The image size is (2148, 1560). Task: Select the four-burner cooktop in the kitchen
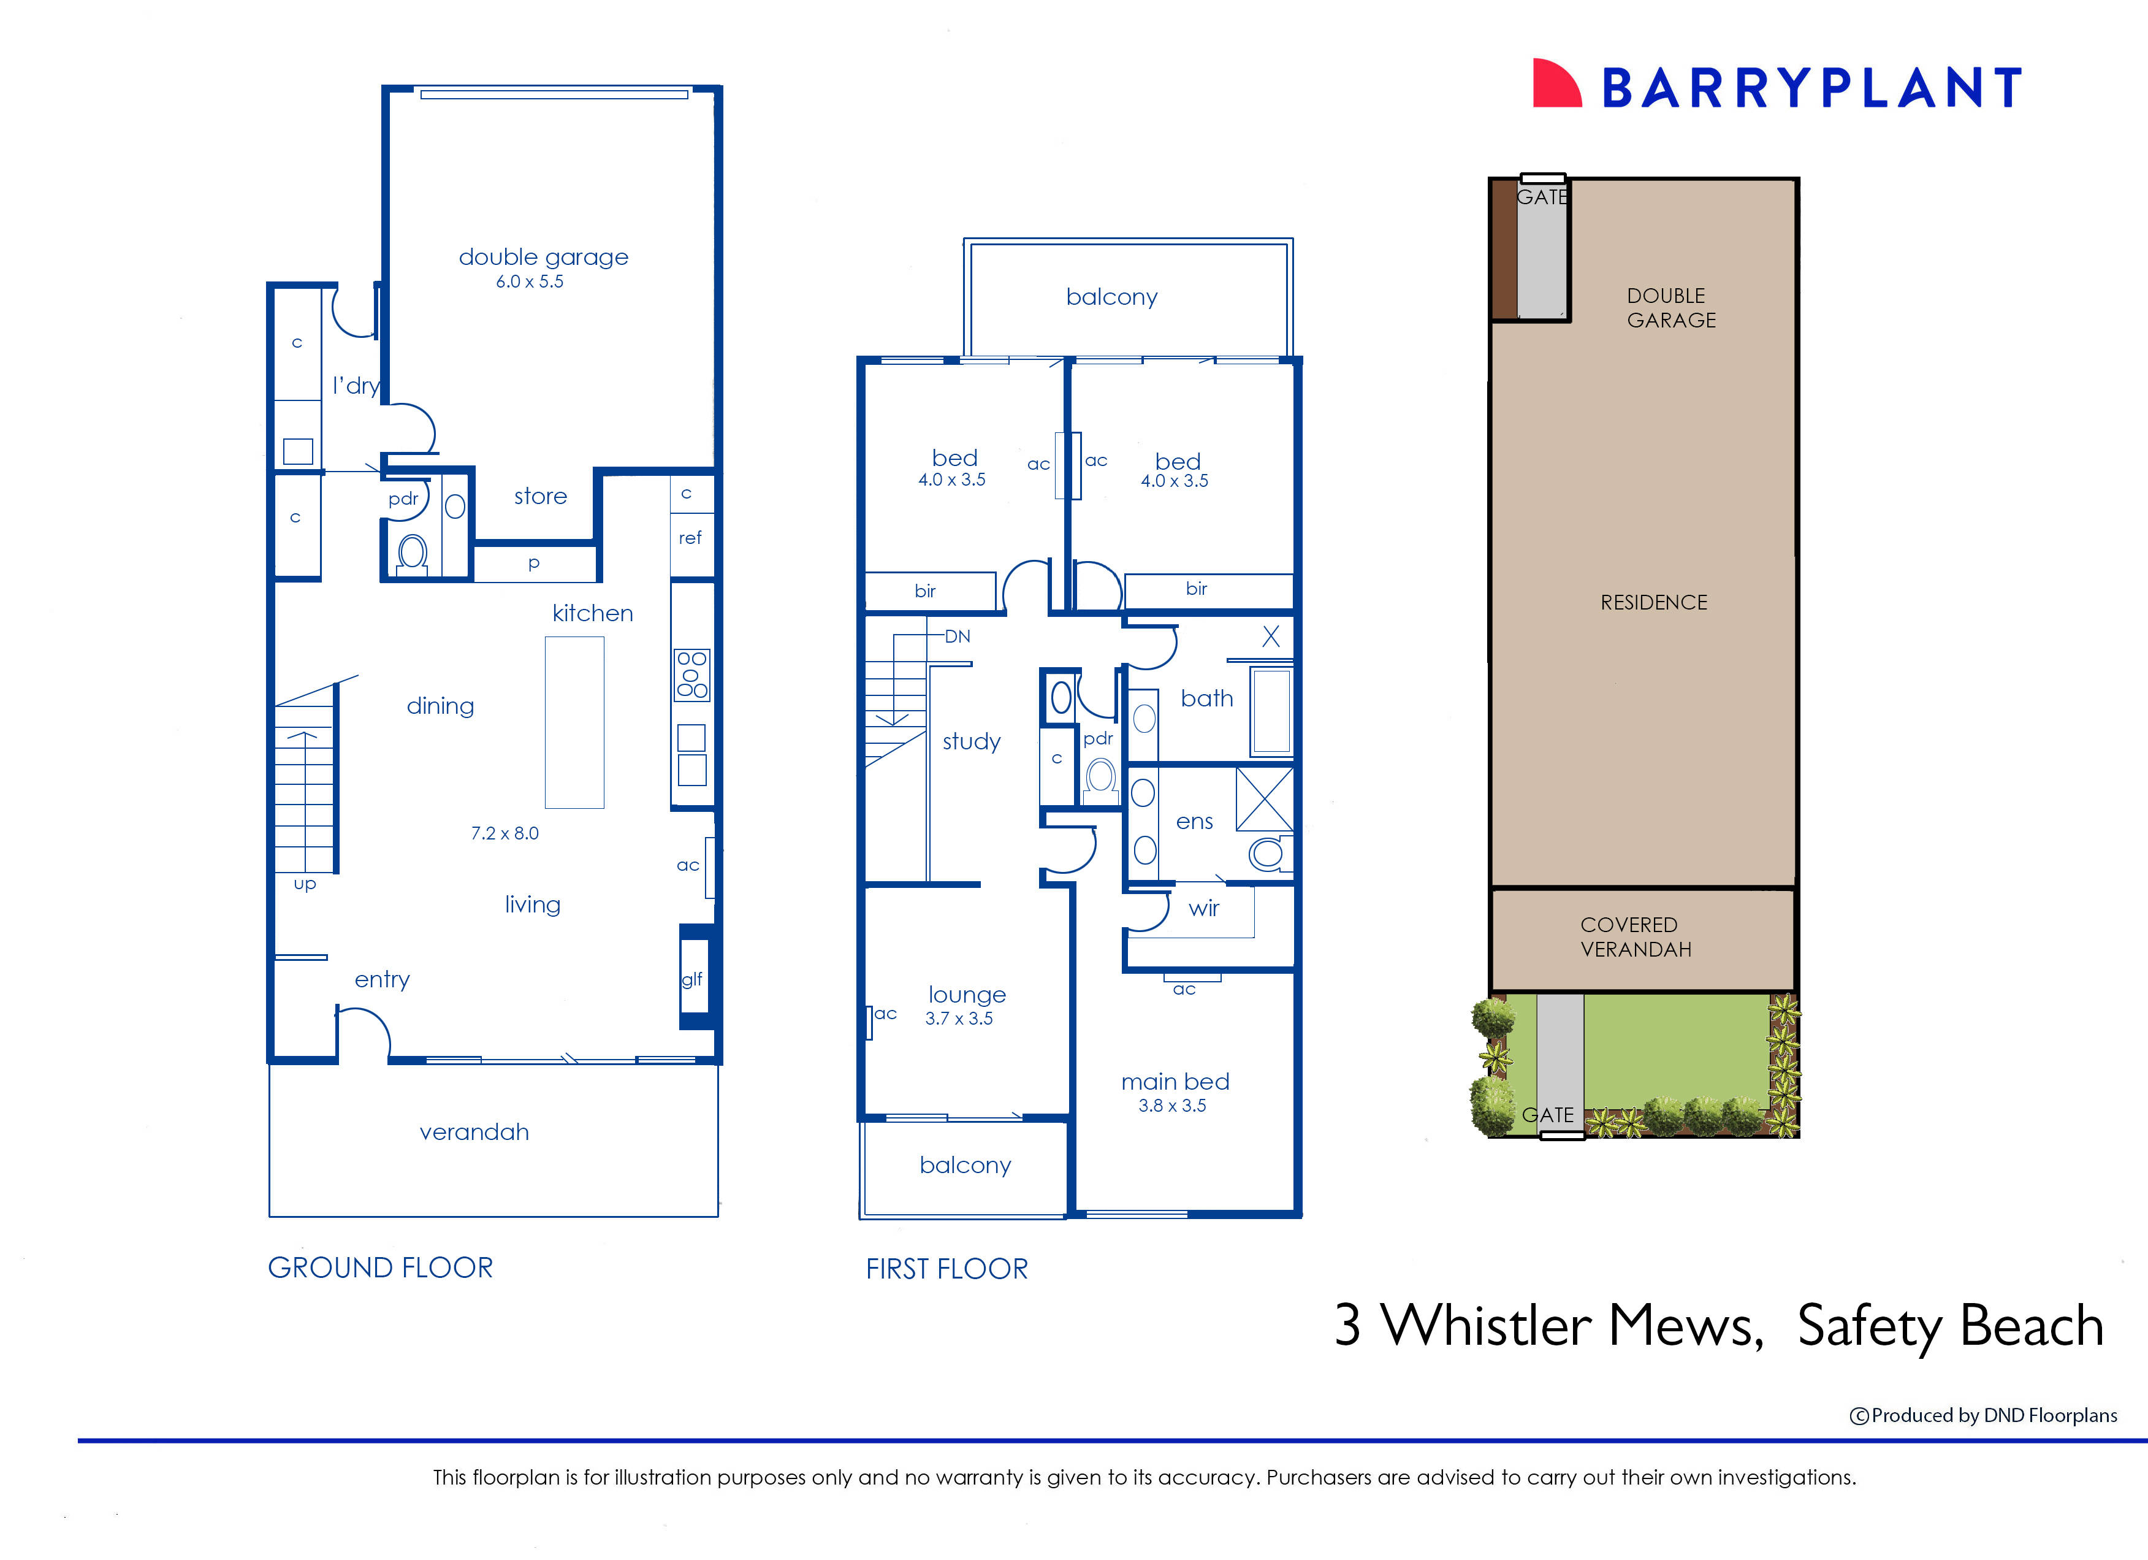pyautogui.click(x=691, y=675)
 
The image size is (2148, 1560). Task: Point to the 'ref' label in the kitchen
pyautogui.click(x=690, y=538)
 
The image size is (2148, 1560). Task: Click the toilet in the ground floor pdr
pyautogui.click(x=412, y=552)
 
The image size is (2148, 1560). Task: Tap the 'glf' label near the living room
pyautogui.click(x=691, y=979)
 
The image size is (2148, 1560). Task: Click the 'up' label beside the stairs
pyautogui.click(x=304, y=884)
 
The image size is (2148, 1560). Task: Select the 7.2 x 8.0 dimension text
pyautogui.click(x=504, y=833)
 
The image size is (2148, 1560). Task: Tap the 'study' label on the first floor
pyautogui.click(x=971, y=741)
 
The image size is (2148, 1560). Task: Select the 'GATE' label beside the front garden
pyautogui.click(x=1547, y=1115)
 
